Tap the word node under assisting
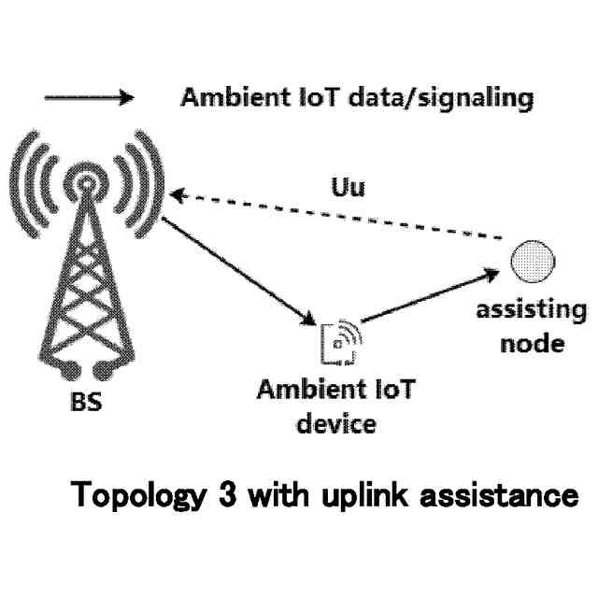pyautogui.click(x=532, y=342)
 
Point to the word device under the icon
pyautogui.click(x=335, y=423)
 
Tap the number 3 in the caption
pyautogui.click(x=220, y=495)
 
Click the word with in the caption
pyautogui.click(x=273, y=495)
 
